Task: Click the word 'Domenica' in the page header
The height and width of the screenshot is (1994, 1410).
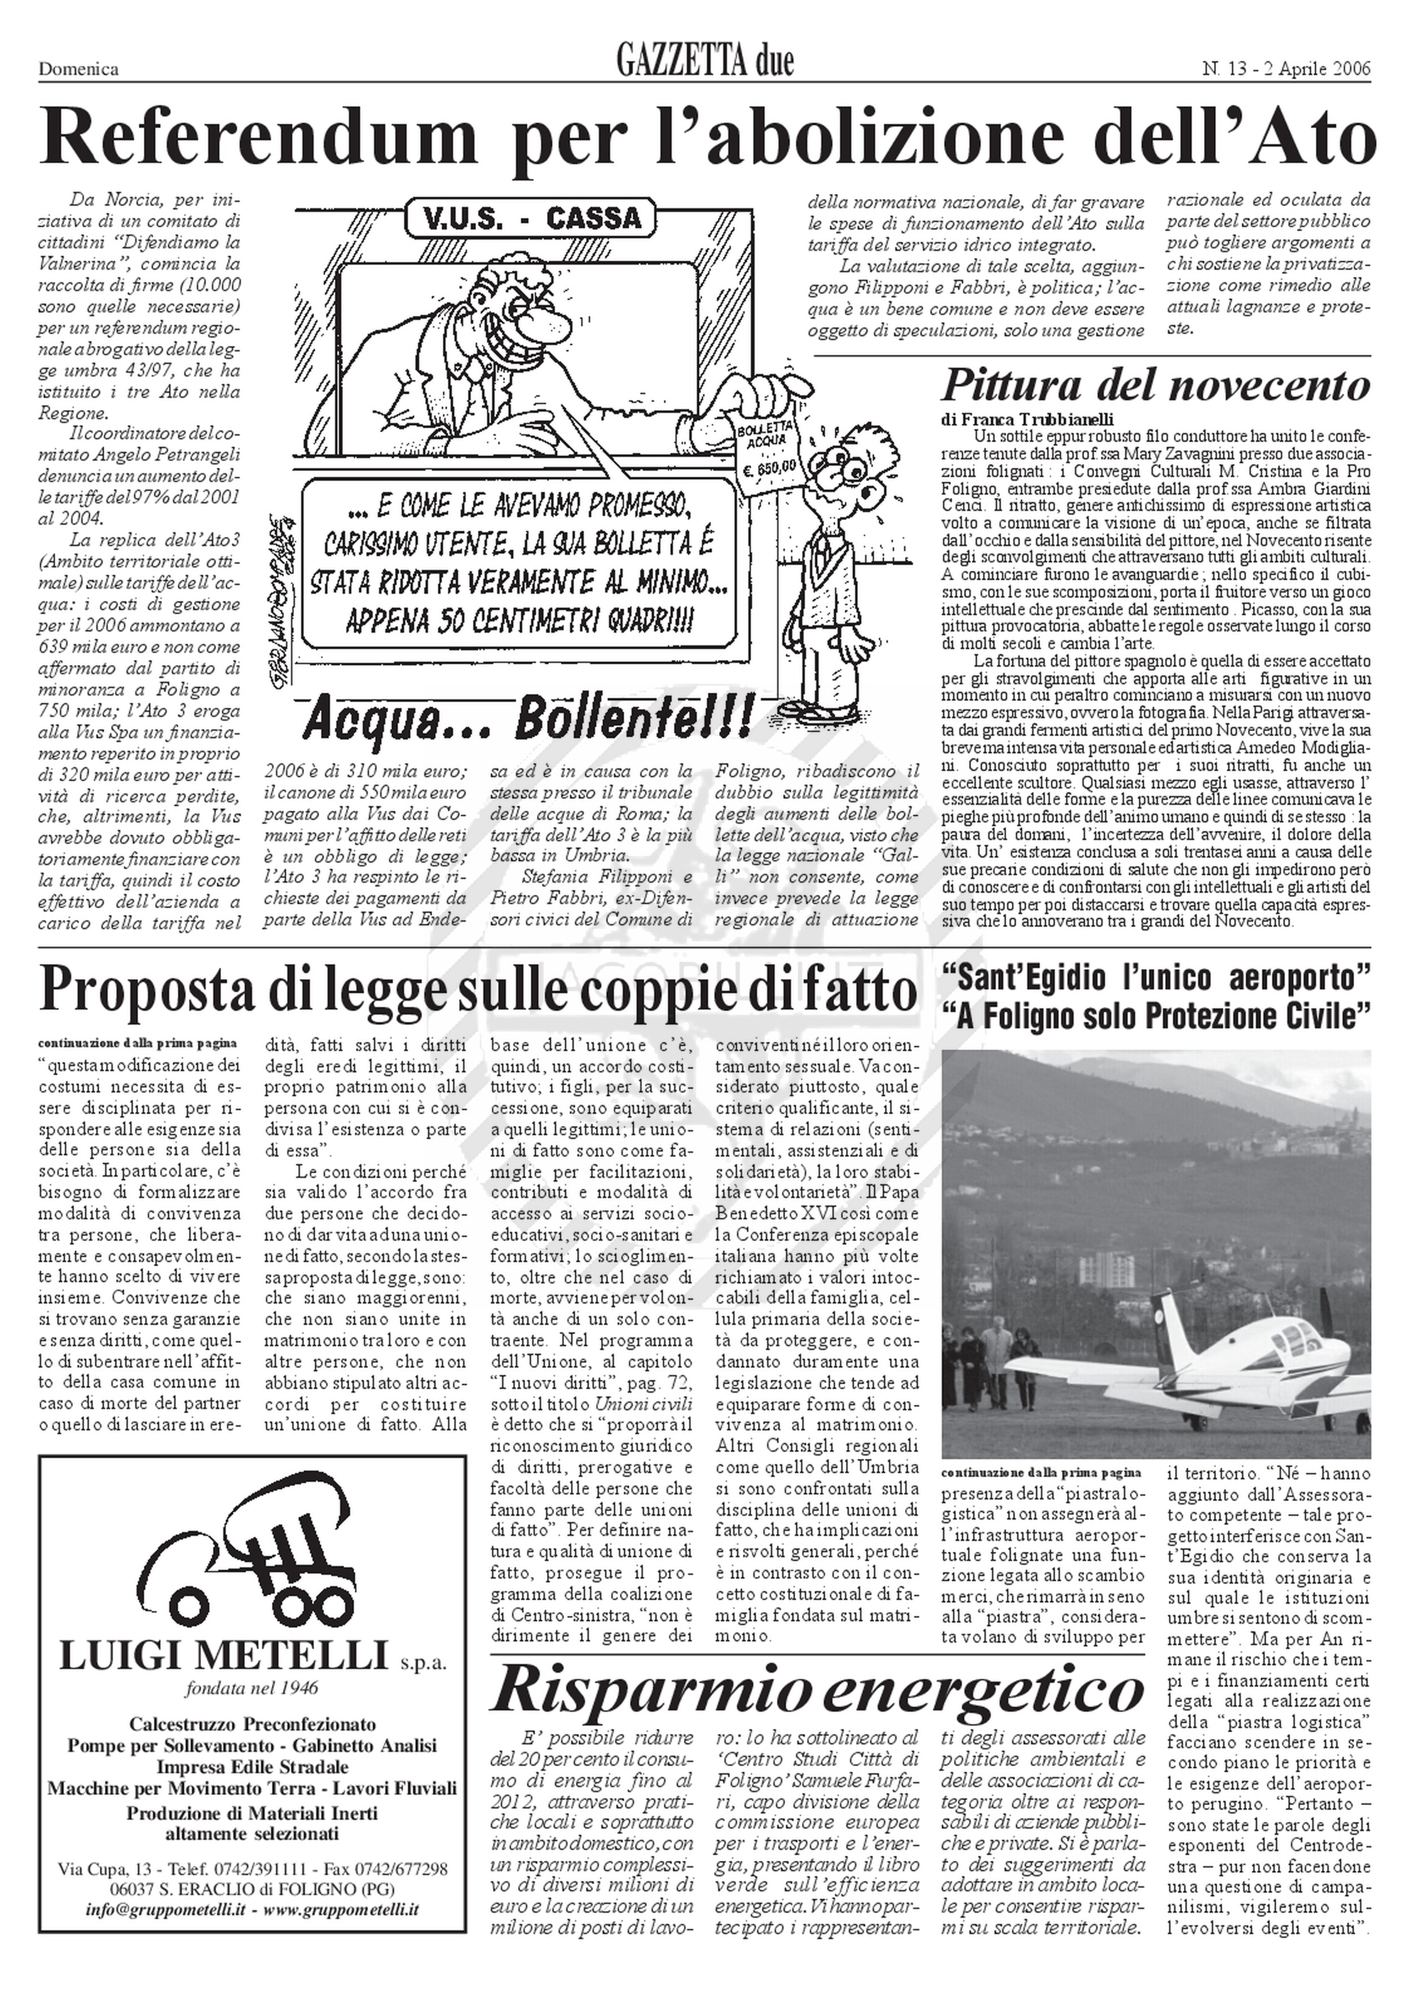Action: click(78, 69)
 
